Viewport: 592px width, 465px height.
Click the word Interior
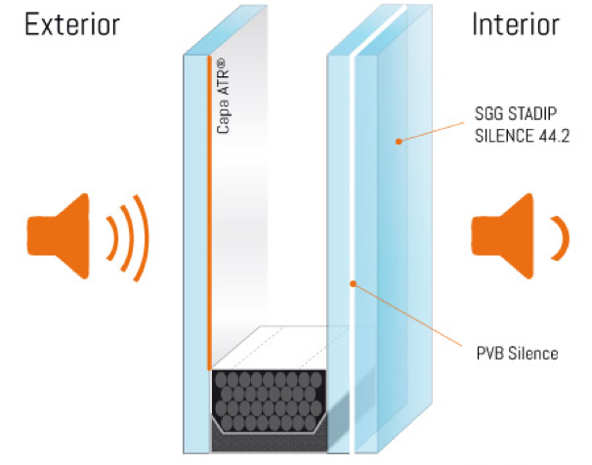(514, 25)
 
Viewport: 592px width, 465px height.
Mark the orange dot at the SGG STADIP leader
(399, 143)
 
